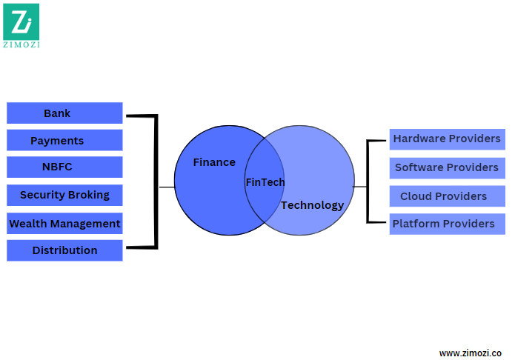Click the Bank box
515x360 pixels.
(64, 113)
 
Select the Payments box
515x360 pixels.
(64, 141)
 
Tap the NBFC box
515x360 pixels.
(64, 167)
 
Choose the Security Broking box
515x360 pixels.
(64, 195)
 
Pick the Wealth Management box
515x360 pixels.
(64, 223)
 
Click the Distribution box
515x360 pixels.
(64, 250)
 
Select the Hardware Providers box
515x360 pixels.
(447, 139)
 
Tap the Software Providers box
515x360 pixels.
(447, 167)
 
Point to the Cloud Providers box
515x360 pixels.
(447, 196)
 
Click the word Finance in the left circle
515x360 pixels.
(214, 162)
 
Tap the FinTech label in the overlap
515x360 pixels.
(265, 182)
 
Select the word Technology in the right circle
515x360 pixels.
(312, 205)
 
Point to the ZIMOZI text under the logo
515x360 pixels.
(21, 44)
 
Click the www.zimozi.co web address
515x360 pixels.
(471, 353)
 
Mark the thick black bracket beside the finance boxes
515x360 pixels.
(156, 181)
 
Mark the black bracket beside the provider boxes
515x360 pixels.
(368, 181)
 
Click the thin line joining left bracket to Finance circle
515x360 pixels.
(167, 187)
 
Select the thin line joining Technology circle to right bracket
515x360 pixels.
(360, 187)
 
